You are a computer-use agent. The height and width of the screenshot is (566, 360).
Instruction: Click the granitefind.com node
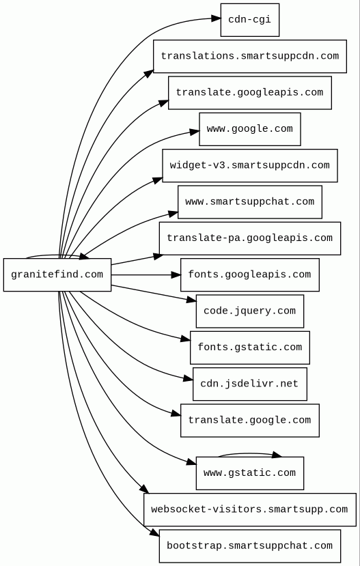[x=57, y=274]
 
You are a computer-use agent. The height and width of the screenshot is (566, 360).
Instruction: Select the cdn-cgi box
[x=250, y=20]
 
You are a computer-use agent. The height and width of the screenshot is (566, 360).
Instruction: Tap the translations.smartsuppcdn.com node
[x=250, y=56]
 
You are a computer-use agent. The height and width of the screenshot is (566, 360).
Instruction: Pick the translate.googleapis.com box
[x=250, y=93]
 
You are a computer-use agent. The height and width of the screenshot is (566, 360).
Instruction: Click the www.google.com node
[x=250, y=129]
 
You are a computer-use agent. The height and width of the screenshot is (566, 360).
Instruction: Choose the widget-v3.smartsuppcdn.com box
[x=250, y=166]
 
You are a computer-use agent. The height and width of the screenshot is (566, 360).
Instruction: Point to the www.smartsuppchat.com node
[x=250, y=202]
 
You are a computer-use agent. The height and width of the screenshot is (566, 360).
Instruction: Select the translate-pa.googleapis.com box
[x=250, y=238]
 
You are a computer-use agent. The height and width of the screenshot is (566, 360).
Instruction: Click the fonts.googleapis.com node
[x=250, y=274]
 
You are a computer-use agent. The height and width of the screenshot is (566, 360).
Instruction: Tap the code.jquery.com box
[x=250, y=311]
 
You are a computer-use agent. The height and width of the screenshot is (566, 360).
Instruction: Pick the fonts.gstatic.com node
[x=250, y=348]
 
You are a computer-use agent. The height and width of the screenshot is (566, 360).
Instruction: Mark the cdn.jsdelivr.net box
[x=250, y=384]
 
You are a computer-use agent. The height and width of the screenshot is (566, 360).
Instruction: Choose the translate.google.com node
[x=250, y=421]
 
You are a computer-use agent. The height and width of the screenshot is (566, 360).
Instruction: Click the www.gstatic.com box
[x=250, y=473]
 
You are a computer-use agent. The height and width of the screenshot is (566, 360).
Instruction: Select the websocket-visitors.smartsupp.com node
[x=250, y=510]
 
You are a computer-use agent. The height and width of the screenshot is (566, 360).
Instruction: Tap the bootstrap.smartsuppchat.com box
[x=250, y=546]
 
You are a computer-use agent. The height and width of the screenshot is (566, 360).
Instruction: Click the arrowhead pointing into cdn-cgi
[x=216, y=18]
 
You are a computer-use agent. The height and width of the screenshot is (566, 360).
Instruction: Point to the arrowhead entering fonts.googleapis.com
[x=176, y=274]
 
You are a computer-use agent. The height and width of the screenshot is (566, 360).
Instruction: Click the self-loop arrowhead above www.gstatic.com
[x=277, y=455]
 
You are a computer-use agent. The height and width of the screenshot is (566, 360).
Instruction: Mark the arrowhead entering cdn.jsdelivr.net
[x=189, y=378]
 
